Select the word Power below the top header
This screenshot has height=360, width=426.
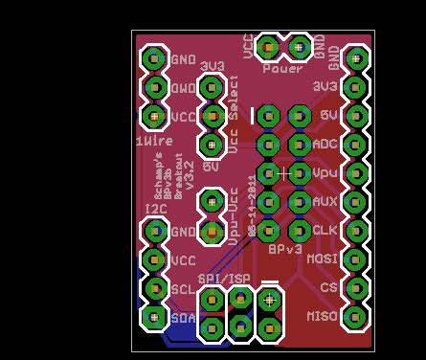tap(281, 68)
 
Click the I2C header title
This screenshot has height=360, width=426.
tap(156, 209)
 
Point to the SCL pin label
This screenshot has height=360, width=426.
tap(183, 288)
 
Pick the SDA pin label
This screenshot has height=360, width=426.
tap(183, 317)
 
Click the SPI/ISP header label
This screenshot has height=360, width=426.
tap(225, 278)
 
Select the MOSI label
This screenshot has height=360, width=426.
tap(323, 259)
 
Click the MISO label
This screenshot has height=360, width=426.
tap(322, 316)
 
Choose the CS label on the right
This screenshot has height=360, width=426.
tap(329, 287)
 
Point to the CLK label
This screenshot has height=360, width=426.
tap(325, 230)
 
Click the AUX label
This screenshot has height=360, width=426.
tap(325, 201)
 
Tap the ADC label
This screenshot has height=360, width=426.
tap(325, 144)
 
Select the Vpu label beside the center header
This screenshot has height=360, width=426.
tap(325, 172)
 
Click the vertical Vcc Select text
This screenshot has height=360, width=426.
tap(235, 124)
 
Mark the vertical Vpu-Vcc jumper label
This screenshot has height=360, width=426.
tap(235, 216)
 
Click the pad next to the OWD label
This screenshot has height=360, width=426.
tap(153, 87)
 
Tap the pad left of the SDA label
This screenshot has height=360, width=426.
tap(153, 316)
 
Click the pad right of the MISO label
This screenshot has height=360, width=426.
tap(355, 316)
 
